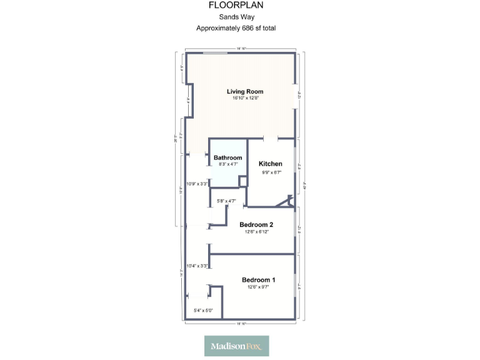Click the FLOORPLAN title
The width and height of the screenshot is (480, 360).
[x=236, y=5]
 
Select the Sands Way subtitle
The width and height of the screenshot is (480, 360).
[x=236, y=17]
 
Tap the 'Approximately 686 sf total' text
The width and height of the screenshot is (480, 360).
[x=236, y=28]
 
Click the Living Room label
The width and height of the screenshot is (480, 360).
[x=245, y=91]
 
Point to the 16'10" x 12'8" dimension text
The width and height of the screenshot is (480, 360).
[x=245, y=98]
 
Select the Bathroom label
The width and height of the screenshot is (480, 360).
[x=227, y=158]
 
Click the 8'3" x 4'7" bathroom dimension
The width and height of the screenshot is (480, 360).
[x=227, y=164]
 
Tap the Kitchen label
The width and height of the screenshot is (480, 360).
[x=271, y=164]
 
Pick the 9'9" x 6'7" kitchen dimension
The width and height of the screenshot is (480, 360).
[x=271, y=172]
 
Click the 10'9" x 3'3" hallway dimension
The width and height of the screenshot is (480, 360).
[x=197, y=184]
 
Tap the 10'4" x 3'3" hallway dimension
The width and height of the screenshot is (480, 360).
[x=197, y=266]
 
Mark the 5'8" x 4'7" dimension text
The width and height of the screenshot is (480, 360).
[x=226, y=201]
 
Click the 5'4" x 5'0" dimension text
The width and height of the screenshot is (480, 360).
[x=203, y=311]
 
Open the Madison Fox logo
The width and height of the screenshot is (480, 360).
[x=236, y=346]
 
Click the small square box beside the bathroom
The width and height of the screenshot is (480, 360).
[x=243, y=181]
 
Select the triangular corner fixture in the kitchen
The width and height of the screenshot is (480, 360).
[x=288, y=201]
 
